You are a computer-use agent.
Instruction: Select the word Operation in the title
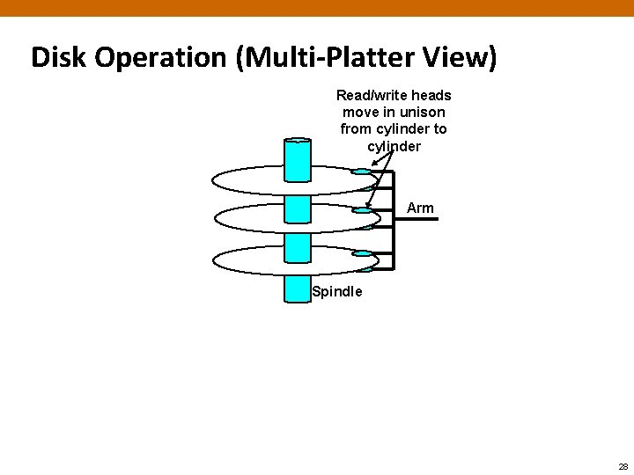[x=164, y=58]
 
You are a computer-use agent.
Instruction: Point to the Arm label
[x=420, y=208]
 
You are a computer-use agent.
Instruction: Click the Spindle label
[x=337, y=292]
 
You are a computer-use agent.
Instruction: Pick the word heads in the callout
[x=431, y=95]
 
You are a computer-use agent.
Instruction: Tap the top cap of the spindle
[x=298, y=141]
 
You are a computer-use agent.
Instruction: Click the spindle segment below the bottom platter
[x=298, y=289]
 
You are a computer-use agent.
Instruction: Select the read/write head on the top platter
[x=362, y=172]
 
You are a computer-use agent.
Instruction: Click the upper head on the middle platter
[x=362, y=210]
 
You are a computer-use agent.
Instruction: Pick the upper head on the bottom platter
[x=362, y=253]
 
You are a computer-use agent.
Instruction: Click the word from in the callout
[x=356, y=128]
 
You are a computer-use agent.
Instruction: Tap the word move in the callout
[x=359, y=112]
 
